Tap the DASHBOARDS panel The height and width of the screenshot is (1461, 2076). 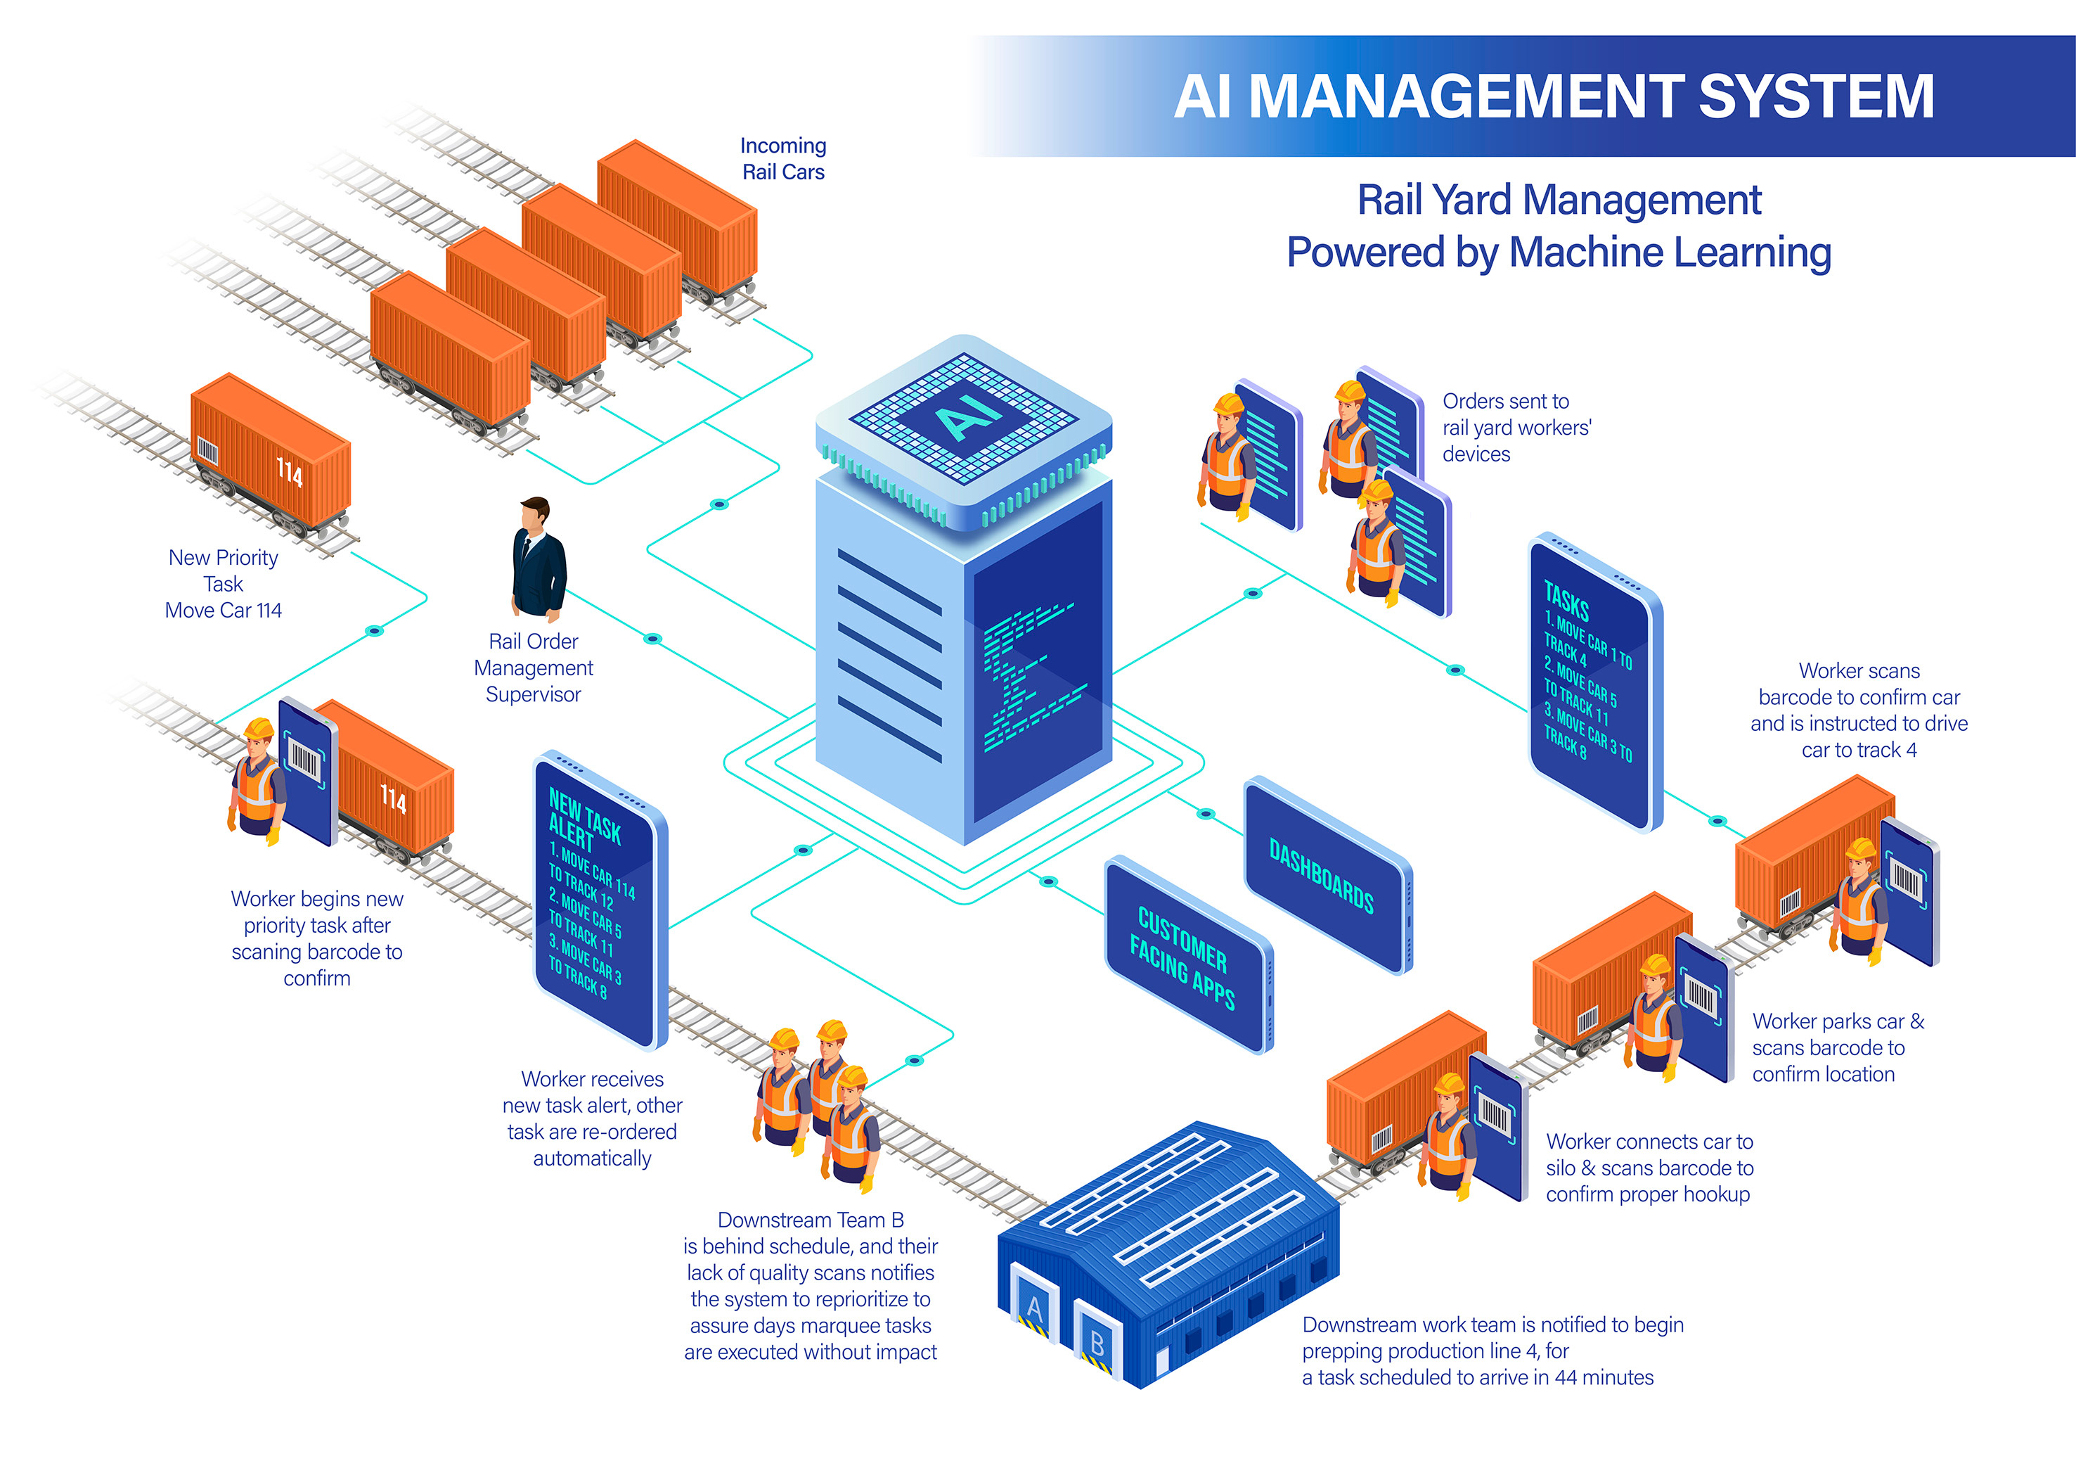1321,876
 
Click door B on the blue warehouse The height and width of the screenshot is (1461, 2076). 1096,1344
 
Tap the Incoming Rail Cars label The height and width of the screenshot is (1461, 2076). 783,159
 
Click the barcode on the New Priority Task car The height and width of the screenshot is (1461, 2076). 208,450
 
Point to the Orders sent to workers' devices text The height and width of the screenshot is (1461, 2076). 1516,427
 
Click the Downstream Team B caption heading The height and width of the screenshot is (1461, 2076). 810,1220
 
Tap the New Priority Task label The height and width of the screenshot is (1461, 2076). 224,571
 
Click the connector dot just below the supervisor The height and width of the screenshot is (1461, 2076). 652,639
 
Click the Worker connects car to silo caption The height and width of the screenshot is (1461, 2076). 1649,1168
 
